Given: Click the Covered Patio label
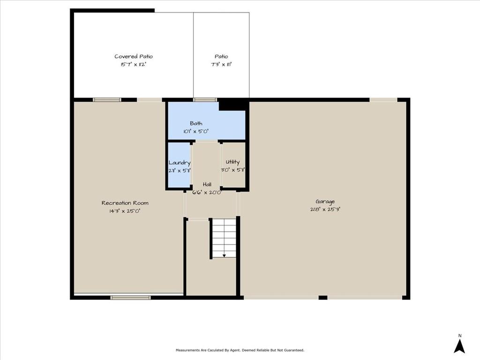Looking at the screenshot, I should [x=134, y=57].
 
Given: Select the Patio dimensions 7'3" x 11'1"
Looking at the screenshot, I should [x=221, y=65].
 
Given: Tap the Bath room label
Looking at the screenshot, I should [x=196, y=124].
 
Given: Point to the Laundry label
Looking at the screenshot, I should [x=180, y=163].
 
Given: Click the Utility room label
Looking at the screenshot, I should [x=232, y=162].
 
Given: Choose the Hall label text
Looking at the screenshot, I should [x=207, y=184].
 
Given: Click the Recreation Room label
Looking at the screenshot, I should [x=125, y=203].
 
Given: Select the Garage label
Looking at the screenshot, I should [x=325, y=202].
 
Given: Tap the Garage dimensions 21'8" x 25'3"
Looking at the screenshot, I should [x=324, y=210].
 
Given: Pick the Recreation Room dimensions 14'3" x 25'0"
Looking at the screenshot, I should [x=125, y=211].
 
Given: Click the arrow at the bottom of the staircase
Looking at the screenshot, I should [x=224, y=255].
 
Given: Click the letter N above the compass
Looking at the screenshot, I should [x=460, y=336].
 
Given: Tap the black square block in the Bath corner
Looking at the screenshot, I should [x=233, y=105].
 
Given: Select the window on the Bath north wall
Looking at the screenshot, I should [x=205, y=100].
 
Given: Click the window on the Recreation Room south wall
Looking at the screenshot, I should [x=130, y=297].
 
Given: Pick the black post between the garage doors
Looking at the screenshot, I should [x=322, y=297].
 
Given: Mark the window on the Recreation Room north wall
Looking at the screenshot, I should [x=107, y=100].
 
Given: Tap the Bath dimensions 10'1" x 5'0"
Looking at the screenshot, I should [x=196, y=132].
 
